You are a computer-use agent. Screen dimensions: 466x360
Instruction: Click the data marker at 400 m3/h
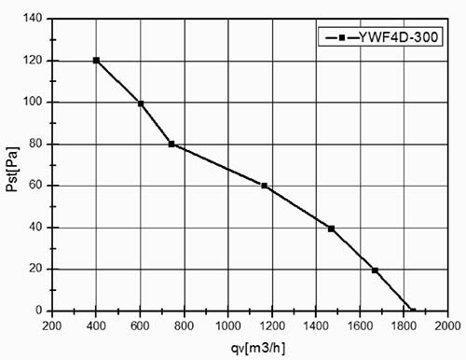click(x=96, y=61)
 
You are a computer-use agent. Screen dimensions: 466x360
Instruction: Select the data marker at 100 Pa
click(x=141, y=104)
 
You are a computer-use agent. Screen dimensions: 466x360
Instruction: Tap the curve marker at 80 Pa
click(x=171, y=144)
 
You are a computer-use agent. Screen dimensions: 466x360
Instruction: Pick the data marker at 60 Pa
click(x=265, y=186)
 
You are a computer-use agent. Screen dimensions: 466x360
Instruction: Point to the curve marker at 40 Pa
click(x=331, y=228)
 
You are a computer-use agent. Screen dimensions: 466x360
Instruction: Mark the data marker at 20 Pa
click(x=375, y=270)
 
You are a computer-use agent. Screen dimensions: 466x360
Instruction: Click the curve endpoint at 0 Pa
click(x=413, y=311)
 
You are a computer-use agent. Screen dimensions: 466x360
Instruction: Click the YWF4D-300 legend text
click(x=399, y=37)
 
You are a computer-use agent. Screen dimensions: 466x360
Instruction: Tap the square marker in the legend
click(x=342, y=37)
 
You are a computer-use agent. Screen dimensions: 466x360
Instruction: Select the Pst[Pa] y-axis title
click(x=13, y=169)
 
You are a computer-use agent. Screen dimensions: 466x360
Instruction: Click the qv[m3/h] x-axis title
click(x=258, y=348)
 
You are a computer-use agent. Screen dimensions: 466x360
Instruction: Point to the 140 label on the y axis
click(x=33, y=19)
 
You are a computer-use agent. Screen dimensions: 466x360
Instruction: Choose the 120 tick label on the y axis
click(x=33, y=61)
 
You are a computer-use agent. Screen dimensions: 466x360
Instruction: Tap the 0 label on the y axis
click(x=39, y=311)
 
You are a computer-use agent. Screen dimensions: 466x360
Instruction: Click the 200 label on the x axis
click(x=52, y=326)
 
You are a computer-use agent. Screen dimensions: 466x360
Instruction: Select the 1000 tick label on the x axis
click(x=228, y=326)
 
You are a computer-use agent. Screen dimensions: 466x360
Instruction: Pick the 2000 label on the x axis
click(x=447, y=326)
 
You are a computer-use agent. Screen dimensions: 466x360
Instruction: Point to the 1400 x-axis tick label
click(x=316, y=326)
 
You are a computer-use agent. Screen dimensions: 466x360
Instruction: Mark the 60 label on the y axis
click(x=35, y=186)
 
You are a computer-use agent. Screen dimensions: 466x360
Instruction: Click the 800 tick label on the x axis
click(x=184, y=326)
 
